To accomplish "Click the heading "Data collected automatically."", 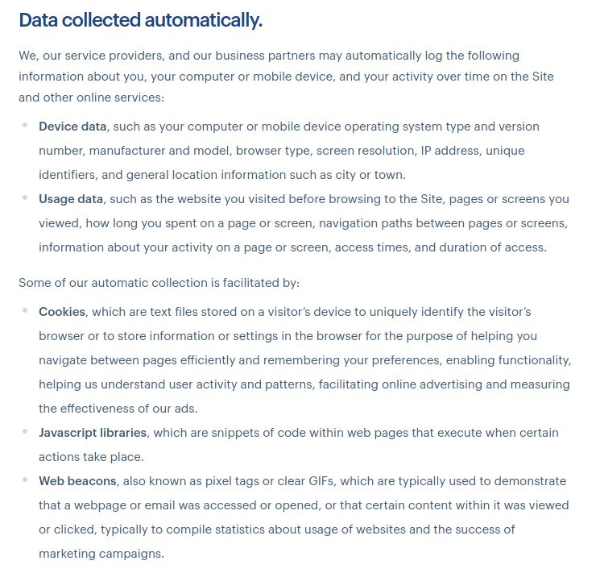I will pyautogui.click(x=140, y=21).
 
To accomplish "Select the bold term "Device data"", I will pyautogui.click(x=72, y=127).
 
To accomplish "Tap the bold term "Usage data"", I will pyautogui.click(x=71, y=199).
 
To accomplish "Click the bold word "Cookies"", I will pyautogui.click(x=62, y=311).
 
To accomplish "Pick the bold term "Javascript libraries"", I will pyautogui.click(x=93, y=433).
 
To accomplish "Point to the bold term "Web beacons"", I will pyautogui.click(x=77, y=481).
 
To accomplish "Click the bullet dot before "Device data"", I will pyautogui.click(x=25, y=126).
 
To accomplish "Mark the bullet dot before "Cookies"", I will pyautogui.click(x=25, y=310).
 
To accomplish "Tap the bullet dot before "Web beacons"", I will pyautogui.click(x=25, y=480).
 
